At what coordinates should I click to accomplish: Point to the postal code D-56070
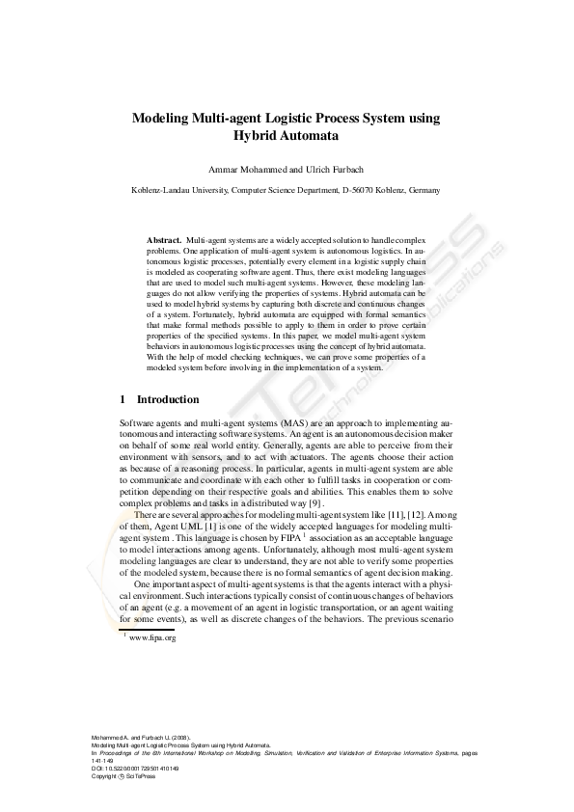pos(363,191)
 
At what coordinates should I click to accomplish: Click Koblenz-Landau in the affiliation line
pos(161,191)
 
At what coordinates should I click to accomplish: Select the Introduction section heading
pos(168,399)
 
